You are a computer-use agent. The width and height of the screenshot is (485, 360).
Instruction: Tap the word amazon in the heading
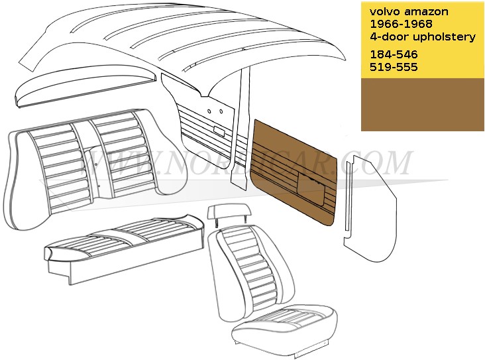pyautogui.click(x=426, y=12)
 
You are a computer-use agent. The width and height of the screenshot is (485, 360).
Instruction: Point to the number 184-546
pyautogui.click(x=394, y=54)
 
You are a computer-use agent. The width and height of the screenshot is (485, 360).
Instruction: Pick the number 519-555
pyautogui.click(x=394, y=67)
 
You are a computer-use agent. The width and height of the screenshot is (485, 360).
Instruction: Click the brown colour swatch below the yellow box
pyautogui.click(x=423, y=105)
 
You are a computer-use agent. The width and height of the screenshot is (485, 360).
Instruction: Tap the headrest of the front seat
pyautogui.click(x=228, y=212)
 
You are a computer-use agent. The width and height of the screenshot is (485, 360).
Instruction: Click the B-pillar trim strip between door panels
pyautogui.click(x=241, y=127)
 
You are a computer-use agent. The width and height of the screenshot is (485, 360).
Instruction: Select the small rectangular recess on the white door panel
pyautogui.click(x=219, y=131)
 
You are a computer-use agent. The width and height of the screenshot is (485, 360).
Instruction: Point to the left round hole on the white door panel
pyautogui.click(x=209, y=111)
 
